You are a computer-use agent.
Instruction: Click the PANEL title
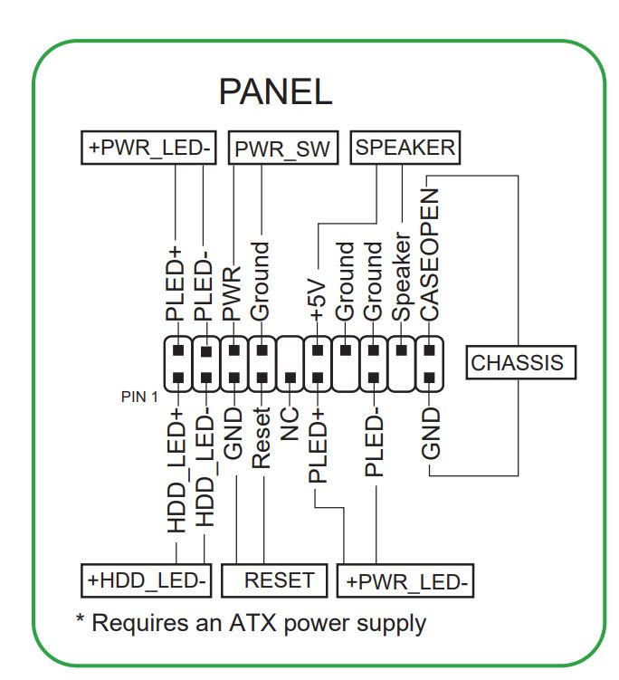275,91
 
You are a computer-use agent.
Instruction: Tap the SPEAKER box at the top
405,148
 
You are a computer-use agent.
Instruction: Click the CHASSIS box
517,363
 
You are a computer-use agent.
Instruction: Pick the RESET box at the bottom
280,580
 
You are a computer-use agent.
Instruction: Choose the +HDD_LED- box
147,580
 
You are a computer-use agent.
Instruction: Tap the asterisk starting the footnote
80,621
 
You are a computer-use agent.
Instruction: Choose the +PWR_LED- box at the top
148,148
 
